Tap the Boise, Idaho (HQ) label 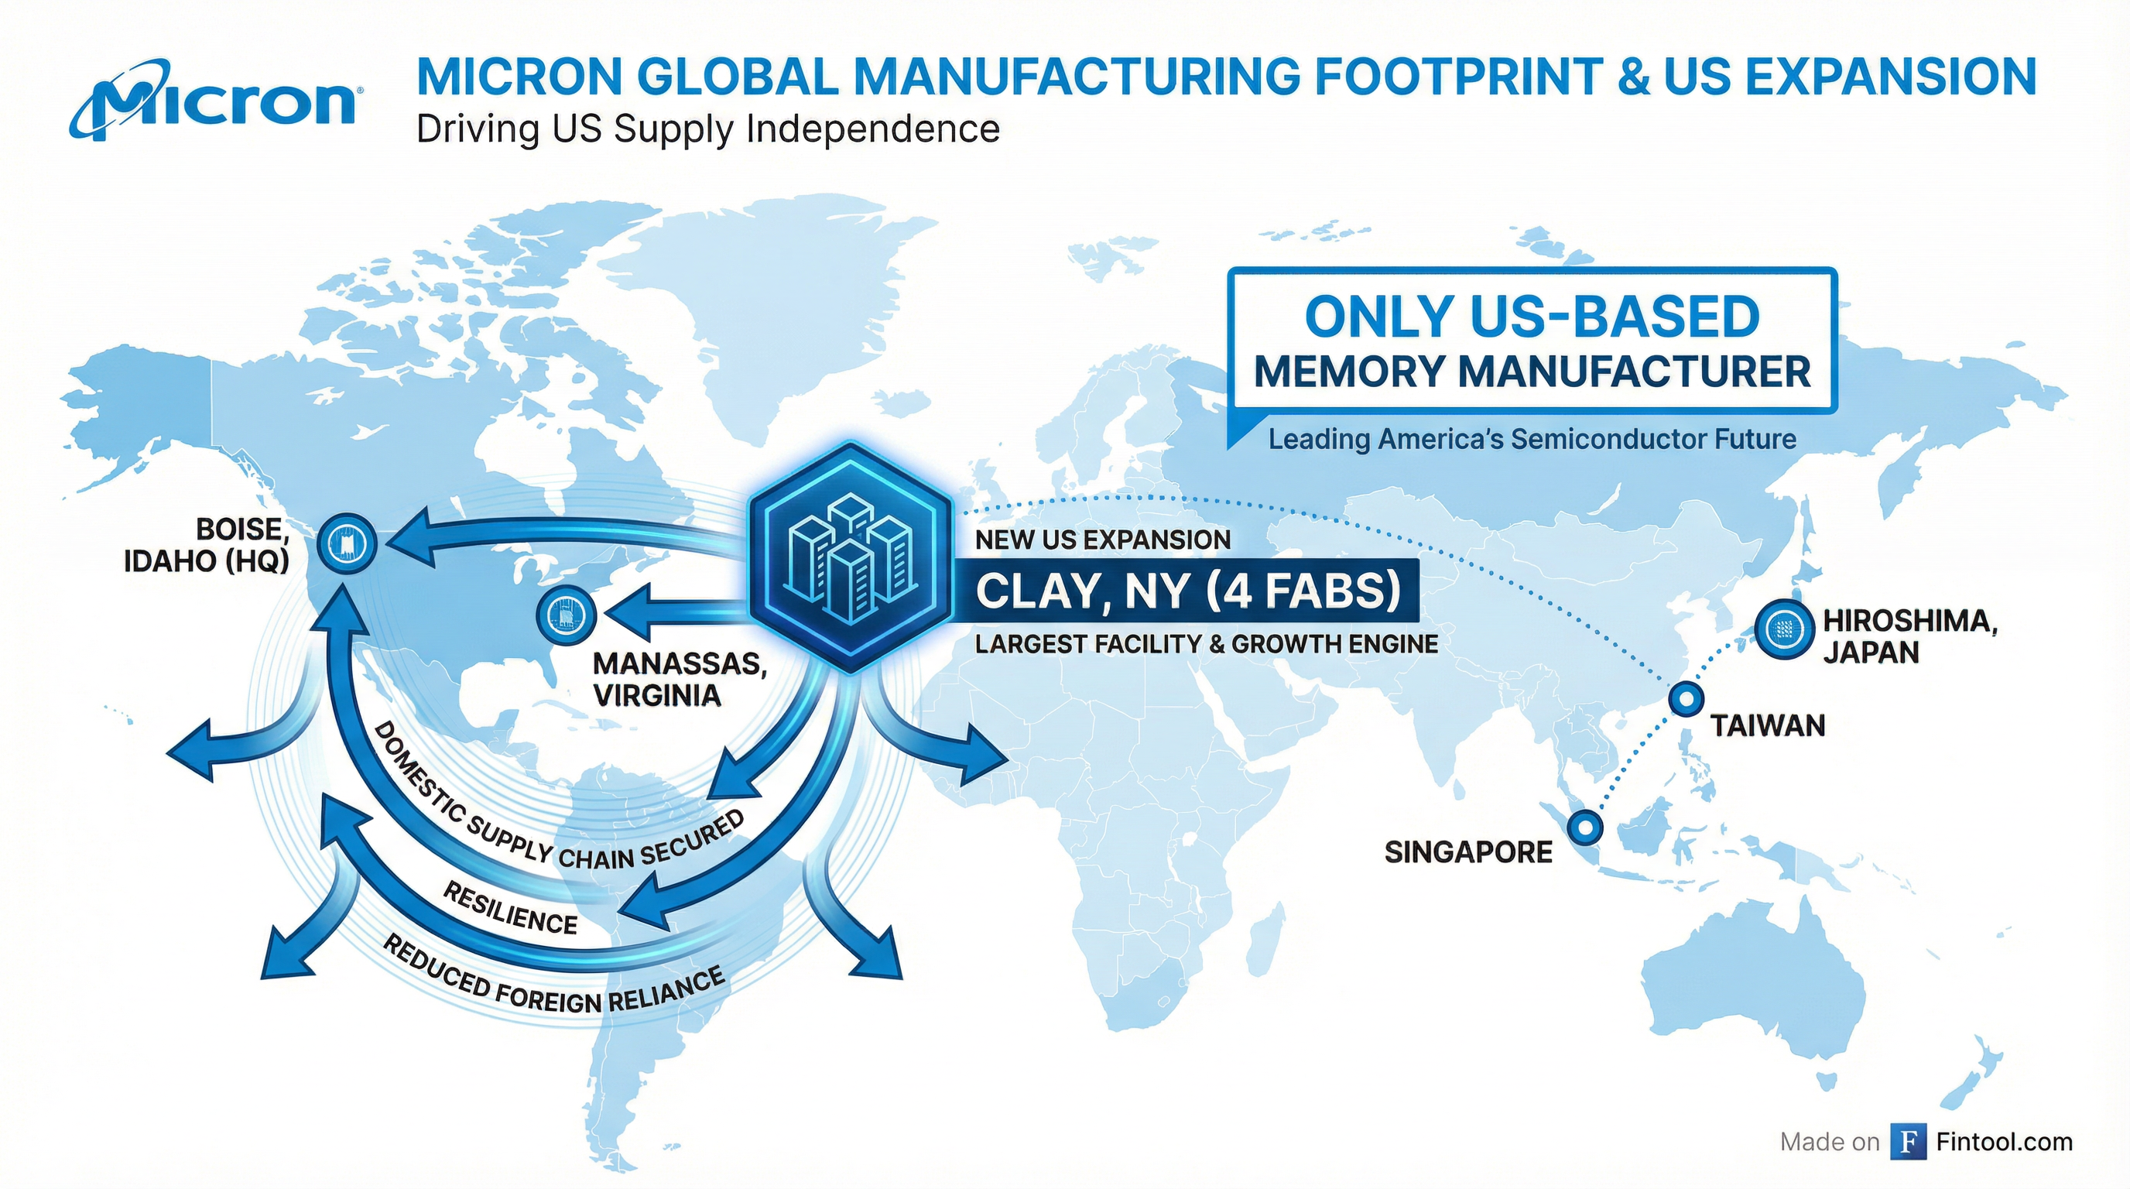pos(207,545)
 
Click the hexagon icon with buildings pos(851,557)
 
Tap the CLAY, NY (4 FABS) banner pos(1188,591)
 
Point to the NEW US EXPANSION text pos(1103,540)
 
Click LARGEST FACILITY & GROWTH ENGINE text pos(1207,643)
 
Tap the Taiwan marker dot pos(1685,699)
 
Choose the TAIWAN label pos(1768,726)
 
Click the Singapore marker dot pos(1585,826)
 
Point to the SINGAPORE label pos(1468,851)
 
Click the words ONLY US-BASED pos(1532,317)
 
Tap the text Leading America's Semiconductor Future pos(1532,439)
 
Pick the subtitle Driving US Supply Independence pos(707,130)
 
